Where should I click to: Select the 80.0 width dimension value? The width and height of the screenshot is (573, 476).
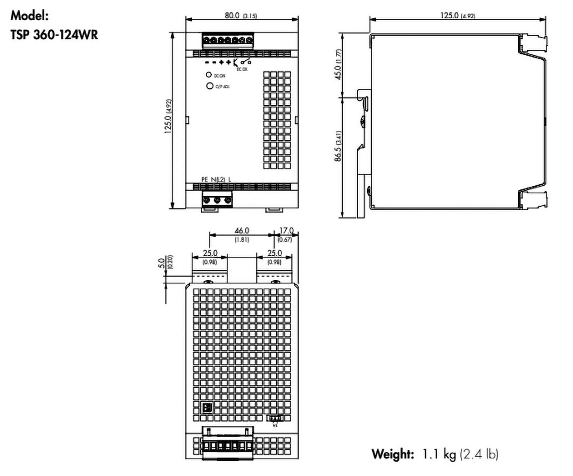point(232,16)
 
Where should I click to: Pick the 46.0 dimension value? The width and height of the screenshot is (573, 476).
point(241,231)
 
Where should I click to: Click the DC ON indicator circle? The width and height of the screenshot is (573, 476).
point(208,75)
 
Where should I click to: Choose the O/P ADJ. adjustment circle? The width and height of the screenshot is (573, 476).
point(208,86)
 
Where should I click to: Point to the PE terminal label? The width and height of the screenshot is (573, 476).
point(204,179)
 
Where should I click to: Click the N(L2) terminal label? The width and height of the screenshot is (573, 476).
point(217,179)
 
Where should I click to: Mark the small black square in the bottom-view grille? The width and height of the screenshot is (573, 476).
point(205,407)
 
